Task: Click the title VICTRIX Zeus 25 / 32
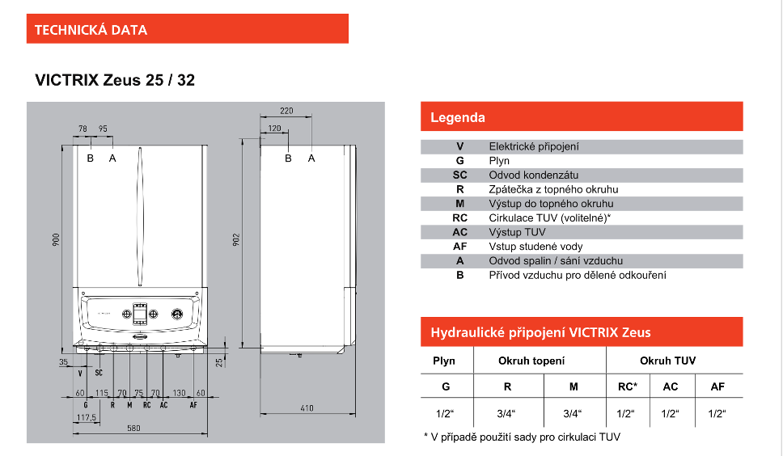[115, 80]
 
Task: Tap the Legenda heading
[458, 117]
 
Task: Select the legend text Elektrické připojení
[534, 146]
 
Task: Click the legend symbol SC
[459, 175]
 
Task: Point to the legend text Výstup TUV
[517, 232]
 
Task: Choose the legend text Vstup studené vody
[535, 247]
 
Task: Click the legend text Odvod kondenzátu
[534, 175]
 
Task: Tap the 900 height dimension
[56, 239]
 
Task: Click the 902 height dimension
[237, 241]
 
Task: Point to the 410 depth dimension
[307, 408]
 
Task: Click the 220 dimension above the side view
[286, 111]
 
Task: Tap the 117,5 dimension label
[86, 418]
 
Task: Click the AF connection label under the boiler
[192, 404]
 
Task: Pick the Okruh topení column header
[531, 361]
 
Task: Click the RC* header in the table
[627, 386]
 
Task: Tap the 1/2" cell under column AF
[717, 414]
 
